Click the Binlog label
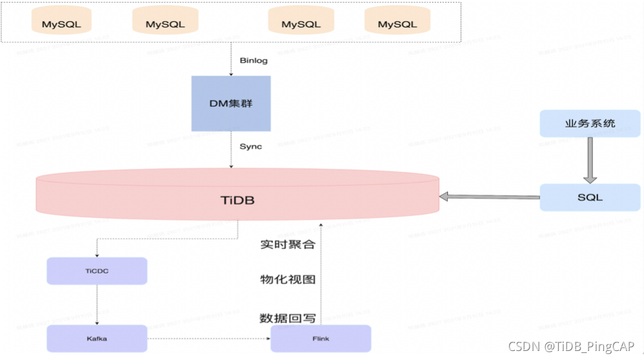coord(254,60)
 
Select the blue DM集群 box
coord(230,103)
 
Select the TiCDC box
coord(97,271)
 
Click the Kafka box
coord(97,338)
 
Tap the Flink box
coord(321,338)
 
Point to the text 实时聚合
coord(288,245)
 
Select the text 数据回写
coord(288,318)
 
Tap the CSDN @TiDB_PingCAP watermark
coord(573,346)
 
